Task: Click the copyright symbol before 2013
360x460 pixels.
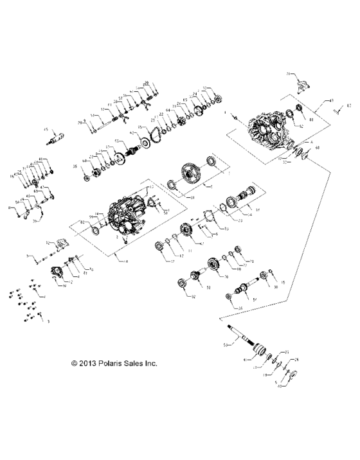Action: click(75, 363)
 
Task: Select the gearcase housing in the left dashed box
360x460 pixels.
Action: click(126, 215)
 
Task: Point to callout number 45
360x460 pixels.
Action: click(46, 129)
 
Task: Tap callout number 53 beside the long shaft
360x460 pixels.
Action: click(225, 345)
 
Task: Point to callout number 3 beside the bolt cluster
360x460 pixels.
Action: click(48, 319)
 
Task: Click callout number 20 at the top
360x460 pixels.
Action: click(147, 84)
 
